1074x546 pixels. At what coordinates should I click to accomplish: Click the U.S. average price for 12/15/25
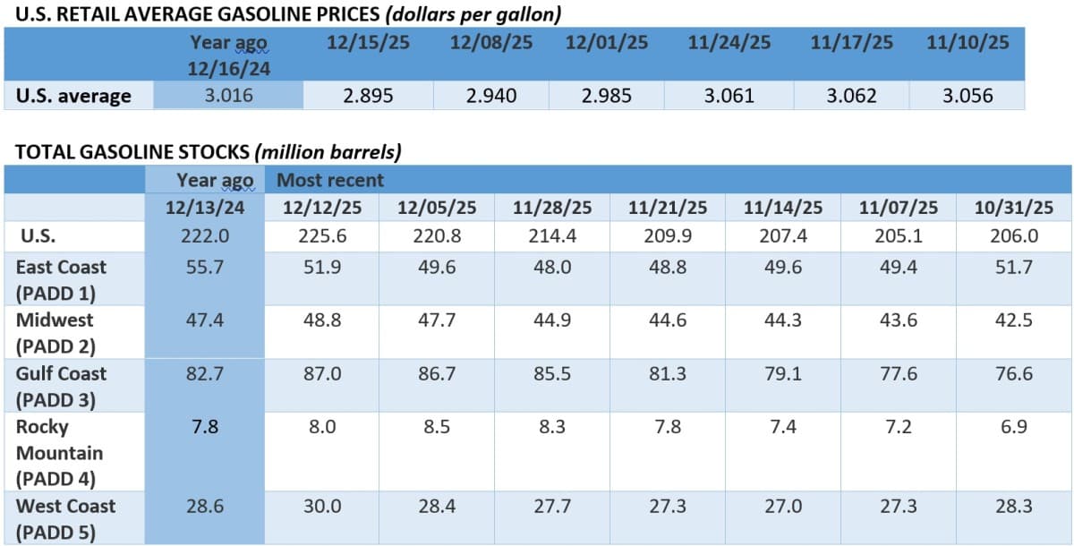pyautogui.click(x=368, y=96)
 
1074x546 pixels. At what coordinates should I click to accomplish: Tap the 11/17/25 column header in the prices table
pyautogui.click(x=851, y=43)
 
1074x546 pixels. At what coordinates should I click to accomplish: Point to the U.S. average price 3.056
pyautogui.click(x=967, y=96)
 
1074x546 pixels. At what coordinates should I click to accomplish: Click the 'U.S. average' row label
pyautogui.click(x=73, y=96)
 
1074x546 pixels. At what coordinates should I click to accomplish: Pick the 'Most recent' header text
pyautogui.click(x=330, y=180)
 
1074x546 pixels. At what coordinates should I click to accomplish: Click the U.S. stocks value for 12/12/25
pyautogui.click(x=322, y=237)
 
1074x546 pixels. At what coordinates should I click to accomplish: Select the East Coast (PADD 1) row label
pyautogui.click(x=61, y=278)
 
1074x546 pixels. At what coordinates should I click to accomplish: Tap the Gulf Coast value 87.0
pyautogui.click(x=322, y=374)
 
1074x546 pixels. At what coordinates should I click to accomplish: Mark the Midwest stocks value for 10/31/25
pyautogui.click(x=1014, y=320)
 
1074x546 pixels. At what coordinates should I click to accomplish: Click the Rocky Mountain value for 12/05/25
pyautogui.click(x=438, y=427)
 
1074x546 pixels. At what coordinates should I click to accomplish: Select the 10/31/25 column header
pyautogui.click(x=1014, y=208)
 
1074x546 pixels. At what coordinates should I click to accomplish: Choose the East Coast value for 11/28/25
pyautogui.click(x=553, y=268)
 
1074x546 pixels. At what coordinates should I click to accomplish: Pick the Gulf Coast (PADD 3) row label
pyautogui.click(x=61, y=386)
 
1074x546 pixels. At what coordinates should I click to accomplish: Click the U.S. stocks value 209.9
pyautogui.click(x=668, y=237)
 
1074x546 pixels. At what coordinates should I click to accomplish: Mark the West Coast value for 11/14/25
pyautogui.click(x=783, y=507)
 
